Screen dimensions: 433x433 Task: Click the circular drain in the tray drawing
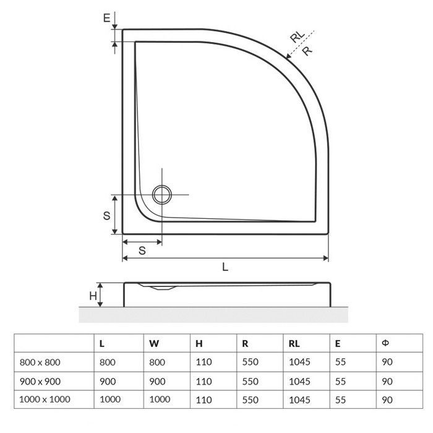point(163,194)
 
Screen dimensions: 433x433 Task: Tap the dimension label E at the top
point(107,19)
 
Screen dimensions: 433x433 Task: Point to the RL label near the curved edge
point(298,38)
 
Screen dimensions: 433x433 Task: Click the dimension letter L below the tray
point(225,267)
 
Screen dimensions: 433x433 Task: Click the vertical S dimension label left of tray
point(107,215)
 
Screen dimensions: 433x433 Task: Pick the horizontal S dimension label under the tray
point(142,251)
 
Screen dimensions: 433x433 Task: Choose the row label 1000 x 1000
point(43,400)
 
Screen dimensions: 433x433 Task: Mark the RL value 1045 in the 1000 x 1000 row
point(299,400)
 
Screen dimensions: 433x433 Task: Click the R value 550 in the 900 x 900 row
point(251,381)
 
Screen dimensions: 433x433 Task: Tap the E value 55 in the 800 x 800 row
point(340,362)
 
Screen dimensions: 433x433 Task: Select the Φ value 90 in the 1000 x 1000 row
point(387,400)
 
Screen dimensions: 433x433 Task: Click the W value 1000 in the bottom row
point(160,400)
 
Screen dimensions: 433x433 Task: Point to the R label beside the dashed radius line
point(306,52)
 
